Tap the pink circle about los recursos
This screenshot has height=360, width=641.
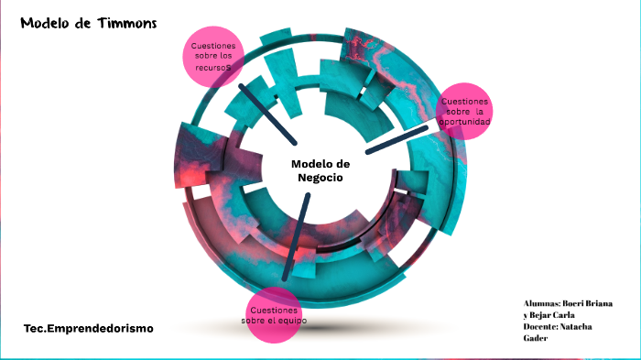(213, 57)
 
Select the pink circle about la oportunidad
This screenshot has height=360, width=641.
(463, 112)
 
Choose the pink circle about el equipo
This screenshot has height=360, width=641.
(275, 314)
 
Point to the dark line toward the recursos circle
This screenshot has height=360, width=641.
(266, 114)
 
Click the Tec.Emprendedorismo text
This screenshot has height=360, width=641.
(89, 327)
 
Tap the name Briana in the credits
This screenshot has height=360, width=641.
(600, 303)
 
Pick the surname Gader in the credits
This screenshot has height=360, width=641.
(535, 339)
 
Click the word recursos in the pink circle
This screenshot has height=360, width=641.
(212, 68)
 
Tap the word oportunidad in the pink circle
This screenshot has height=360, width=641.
(464, 122)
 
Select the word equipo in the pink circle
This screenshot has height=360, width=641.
(289, 321)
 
